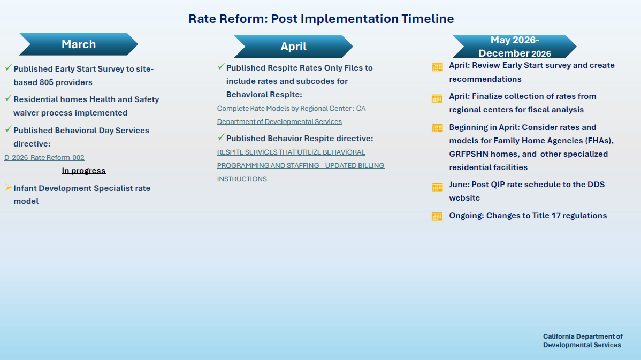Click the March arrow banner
(79, 44)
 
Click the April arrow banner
(293, 47)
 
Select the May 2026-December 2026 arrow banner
(514, 47)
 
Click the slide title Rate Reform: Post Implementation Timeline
(321, 19)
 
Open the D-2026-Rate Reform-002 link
(44, 157)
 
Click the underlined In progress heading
(83, 171)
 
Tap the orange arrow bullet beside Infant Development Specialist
(8, 188)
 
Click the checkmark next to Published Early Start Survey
(8, 68)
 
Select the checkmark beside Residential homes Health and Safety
(8, 98)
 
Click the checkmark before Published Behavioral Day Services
(8, 129)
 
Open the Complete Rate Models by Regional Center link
(291, 108)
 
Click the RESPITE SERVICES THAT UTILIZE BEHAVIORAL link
(291, 152)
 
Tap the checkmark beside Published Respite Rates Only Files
(221, 67)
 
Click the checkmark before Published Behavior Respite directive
(221, 137)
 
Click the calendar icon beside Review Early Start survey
(437, 67)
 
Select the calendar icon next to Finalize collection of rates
(437, 98)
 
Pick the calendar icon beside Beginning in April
(437, 128)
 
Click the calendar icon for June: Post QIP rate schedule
(437, 187)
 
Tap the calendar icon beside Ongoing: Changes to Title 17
(437, 216)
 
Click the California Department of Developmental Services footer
(583, 341)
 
